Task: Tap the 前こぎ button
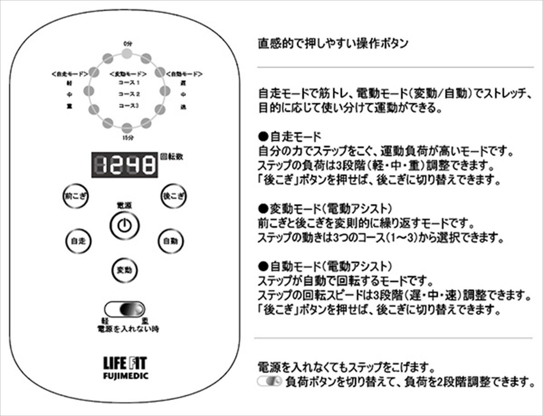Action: pyautogui.click(x=75, y=197)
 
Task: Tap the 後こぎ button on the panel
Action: pyautogui.click(x=173, y=196)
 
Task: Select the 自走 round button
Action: pyautogui.click(x=78, y=241)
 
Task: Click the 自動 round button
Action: pyautogui.click(x=171, y=241)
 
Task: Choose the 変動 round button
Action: pyautogui.click(x=124, y=270)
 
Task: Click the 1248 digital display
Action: pyautogui.click(x=125, y=165)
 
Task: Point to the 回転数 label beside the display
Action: pyautogui.click(x=172, y=157)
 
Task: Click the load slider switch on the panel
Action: pyautogui.click(x=125, y=309)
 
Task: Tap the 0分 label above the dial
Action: pyautogui.click(x=127, y=43)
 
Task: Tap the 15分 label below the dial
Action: pyautogui.click(x=127, y=138)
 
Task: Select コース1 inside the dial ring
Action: pyautogui.click(x=129, y=83)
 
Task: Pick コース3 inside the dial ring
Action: pyautogui.click(x=129, y=106)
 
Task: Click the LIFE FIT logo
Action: pyautogui.click(x=125, y=363)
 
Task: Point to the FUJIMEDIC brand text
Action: pyautogui.click(x=125, y=376)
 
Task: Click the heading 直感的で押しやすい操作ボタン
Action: pyautogui.click(x=333, y=43)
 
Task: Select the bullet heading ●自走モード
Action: pyautogui.click(x=290, y=137)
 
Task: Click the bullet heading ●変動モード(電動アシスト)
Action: pyautogui.click(x=325, y=209)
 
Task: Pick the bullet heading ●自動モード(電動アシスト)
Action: pyautogui.click(x=325, y=267)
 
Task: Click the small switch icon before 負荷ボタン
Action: pyautogui.click(x=269, y=381)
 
